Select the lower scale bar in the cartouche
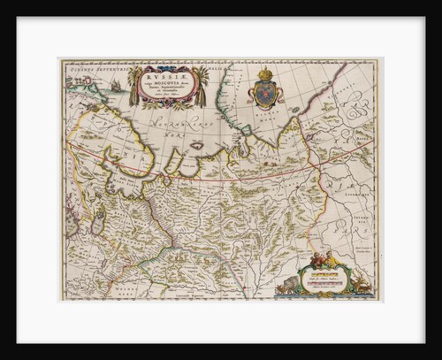[329, 283]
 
